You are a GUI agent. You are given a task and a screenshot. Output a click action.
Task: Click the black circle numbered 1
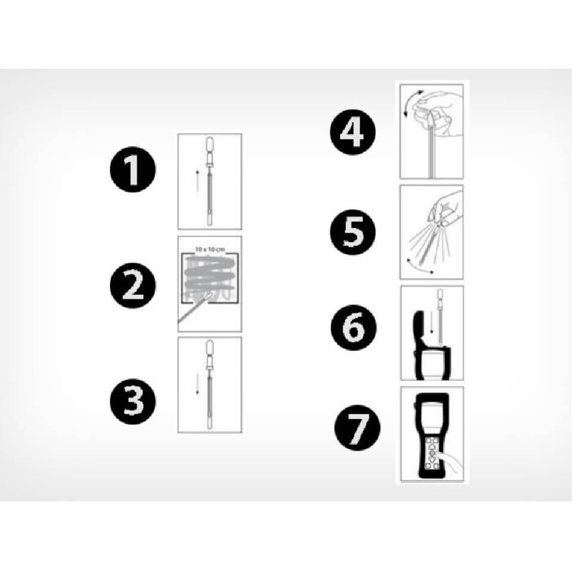(133, 170)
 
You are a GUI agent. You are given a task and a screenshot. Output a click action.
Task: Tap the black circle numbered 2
(133, 285)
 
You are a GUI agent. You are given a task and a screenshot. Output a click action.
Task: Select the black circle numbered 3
(133, 401)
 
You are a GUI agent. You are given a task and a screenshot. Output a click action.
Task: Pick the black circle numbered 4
(353, 132)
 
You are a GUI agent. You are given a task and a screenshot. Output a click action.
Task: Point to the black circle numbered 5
(353, 232)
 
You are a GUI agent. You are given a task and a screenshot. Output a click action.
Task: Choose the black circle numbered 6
(353, 328)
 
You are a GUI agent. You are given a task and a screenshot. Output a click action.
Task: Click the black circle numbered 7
(358, 427)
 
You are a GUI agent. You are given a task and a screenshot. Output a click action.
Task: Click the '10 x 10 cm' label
(210, 249)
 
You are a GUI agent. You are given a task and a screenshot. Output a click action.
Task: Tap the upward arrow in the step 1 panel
(198, 180)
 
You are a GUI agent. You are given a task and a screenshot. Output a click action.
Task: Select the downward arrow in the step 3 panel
(198, 384)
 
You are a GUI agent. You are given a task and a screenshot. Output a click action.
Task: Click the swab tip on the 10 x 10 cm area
(210, 295)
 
